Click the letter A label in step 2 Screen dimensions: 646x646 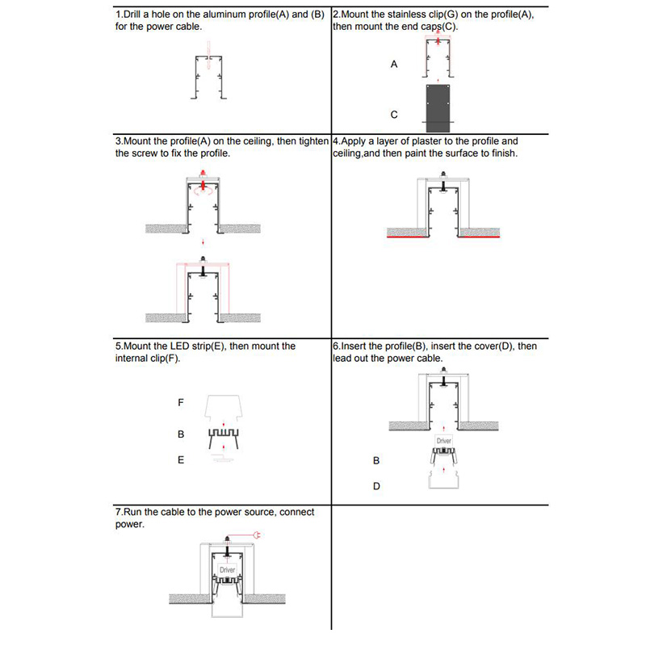(x=394, y=63)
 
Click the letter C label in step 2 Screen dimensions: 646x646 (x=394, y=115)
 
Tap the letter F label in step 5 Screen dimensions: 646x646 (x=181, y=401)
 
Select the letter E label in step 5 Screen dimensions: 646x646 (x=181, y=459)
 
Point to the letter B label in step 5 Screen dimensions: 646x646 (x=181, y=434)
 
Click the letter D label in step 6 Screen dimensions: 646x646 (x=376, y=486)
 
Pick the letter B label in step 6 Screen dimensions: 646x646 (x=375, y=460)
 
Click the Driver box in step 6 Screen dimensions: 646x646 (x=443, y=441)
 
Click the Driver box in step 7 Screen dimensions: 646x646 (x=227, y=570)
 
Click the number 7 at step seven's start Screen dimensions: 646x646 (x=118, y=513)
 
